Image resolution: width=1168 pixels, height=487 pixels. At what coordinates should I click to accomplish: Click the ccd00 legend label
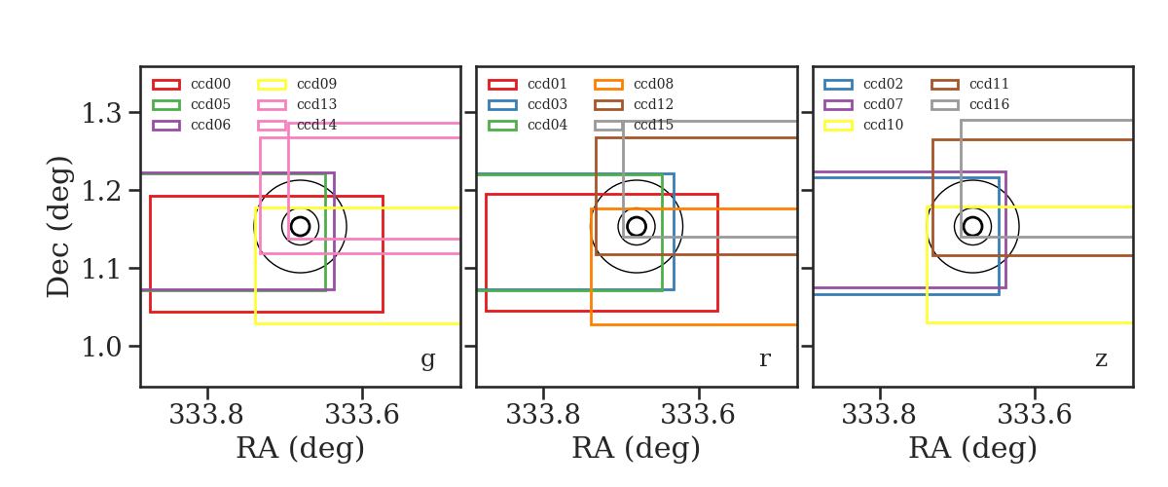click(x=210, y=84)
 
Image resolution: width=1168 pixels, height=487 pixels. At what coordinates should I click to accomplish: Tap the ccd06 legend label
click(x=210, y=126)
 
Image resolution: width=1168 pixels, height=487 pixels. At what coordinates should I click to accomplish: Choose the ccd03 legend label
click(x=547, y=104)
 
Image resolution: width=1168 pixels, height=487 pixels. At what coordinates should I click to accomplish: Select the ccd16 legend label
click(x=989, y=104)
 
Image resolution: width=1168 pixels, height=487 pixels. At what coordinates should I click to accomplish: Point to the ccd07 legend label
click(x=883, y=104)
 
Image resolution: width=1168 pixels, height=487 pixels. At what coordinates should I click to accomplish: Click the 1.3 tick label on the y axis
click(x=101, y=113)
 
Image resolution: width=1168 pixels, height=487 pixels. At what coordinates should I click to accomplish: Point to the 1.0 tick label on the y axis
click(x=101, y=347)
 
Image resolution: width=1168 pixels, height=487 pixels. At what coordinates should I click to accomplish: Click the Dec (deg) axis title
click(x=57, y=227)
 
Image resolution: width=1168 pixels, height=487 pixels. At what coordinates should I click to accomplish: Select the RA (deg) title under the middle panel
click(x=637, y=448)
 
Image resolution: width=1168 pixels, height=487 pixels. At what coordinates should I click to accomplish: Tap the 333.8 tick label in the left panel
click(x=206, y=415)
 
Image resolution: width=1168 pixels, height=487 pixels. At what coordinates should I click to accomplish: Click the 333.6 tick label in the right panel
click(x=1035, y=415)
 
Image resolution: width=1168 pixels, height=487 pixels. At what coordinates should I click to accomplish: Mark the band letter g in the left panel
click(x=427, y=359)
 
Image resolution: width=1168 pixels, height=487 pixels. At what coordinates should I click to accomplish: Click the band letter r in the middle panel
click(x=764, y=358)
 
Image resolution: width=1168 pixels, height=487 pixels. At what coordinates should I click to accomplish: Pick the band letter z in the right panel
click(x=1101, y=359)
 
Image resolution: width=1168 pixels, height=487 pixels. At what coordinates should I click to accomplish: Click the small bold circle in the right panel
click(x=972, y=227)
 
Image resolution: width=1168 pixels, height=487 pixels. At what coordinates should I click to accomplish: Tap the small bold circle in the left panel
click(x=300, y=227)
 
